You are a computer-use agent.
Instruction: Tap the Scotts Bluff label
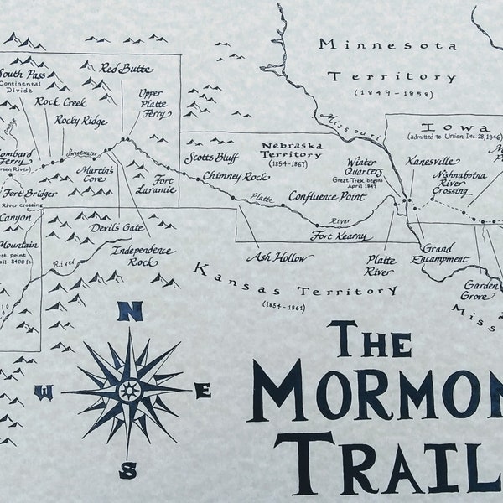click(x=210, y=158)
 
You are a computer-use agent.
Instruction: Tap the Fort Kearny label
click(x=339, y=237)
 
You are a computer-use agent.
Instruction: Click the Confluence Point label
click(x=327, y=196)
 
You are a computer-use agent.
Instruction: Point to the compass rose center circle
click(x=130, y=390)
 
